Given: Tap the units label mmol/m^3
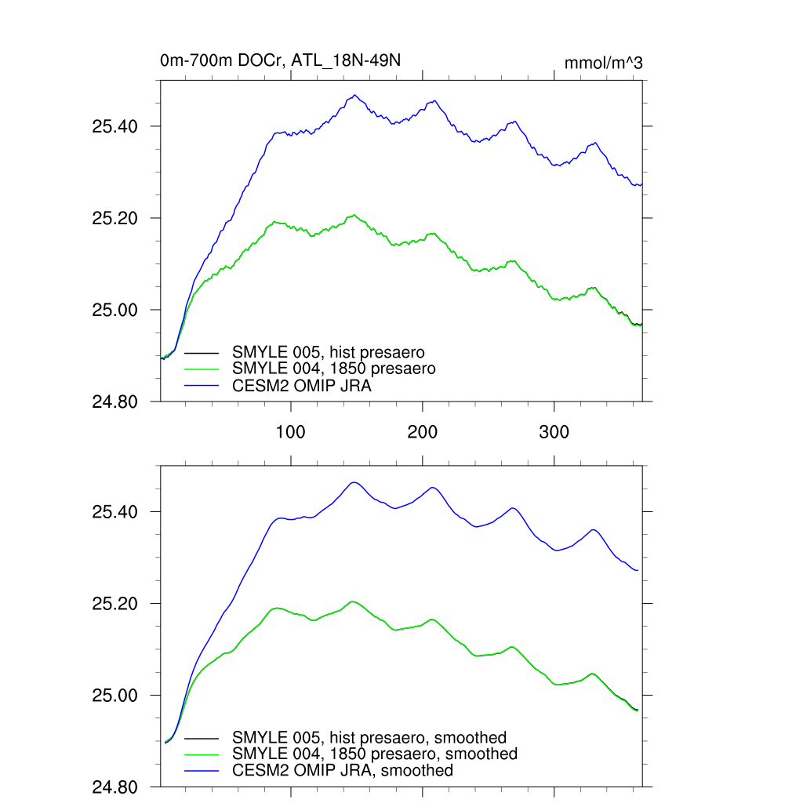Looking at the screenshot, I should (603, 63).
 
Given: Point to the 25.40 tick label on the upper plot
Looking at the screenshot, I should (115, 126).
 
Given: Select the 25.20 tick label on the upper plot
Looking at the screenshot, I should (115, 218).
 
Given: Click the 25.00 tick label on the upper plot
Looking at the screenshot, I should (115, 310).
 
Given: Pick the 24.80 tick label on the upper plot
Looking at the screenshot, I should (115, 401).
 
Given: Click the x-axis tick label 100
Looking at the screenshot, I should (291, 433).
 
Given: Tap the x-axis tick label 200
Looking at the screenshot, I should (423, 433).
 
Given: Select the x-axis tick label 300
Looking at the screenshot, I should (554, 433).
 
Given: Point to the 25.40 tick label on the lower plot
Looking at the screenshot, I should (115, 512).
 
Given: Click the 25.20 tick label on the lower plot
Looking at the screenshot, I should (115, 604).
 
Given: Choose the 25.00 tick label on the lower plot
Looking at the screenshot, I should (115, 696).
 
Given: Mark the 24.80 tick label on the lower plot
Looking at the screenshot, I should (115, 787).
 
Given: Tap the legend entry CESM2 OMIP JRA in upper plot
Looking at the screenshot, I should (302, 385).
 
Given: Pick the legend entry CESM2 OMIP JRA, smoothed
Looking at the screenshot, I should (343, 771).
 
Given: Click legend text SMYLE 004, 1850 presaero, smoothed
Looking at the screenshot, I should (375, 754).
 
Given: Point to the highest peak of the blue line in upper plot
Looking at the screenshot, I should (354, 96).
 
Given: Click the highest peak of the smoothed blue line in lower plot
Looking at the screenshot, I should (354, 482).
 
